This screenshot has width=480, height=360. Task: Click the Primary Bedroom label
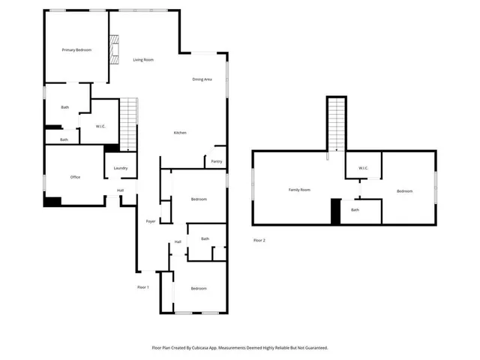pyautogui.click(x=76, y=49)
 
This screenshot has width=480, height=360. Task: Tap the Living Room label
pyautogui.click(x=143, y=59)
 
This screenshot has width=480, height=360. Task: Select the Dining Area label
pyautogui.click(x=202, y=79)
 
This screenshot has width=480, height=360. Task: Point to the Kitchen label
pyautogui.click(x=180, y=133)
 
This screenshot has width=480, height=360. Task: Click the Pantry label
pyautogui.click(x=217, y=161)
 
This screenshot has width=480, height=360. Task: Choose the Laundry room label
pyautogui.click(x=121, y=168)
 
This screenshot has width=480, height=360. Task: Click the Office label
pyautogui.click(x=75, y=177)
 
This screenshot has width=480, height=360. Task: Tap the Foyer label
pyautogui.click(x=150, y=222)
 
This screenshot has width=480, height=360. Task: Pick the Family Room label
pyautogui.click(x=299, y=190)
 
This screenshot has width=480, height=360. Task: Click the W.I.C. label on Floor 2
pyautogui.click(x=363, y=168)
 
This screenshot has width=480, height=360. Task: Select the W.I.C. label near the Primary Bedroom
pyautogui.click(x=101, y=126)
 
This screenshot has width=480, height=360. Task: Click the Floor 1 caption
pyautogui.click(x=142, y=287)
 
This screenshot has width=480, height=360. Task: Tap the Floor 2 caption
pyautogui.click(x=259, y=240)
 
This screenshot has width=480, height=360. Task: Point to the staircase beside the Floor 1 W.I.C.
pyautogui.click(x=130, y=123)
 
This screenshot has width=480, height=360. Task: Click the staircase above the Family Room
pyautogui.click(x=336, y=124)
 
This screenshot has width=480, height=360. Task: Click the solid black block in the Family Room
pyautogui.click(x=336, y=211)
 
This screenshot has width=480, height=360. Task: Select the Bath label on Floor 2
pyautogui.click(x=355, y=210)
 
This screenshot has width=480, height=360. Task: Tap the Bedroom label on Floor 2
pyautogui.click(x=404, y=191)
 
